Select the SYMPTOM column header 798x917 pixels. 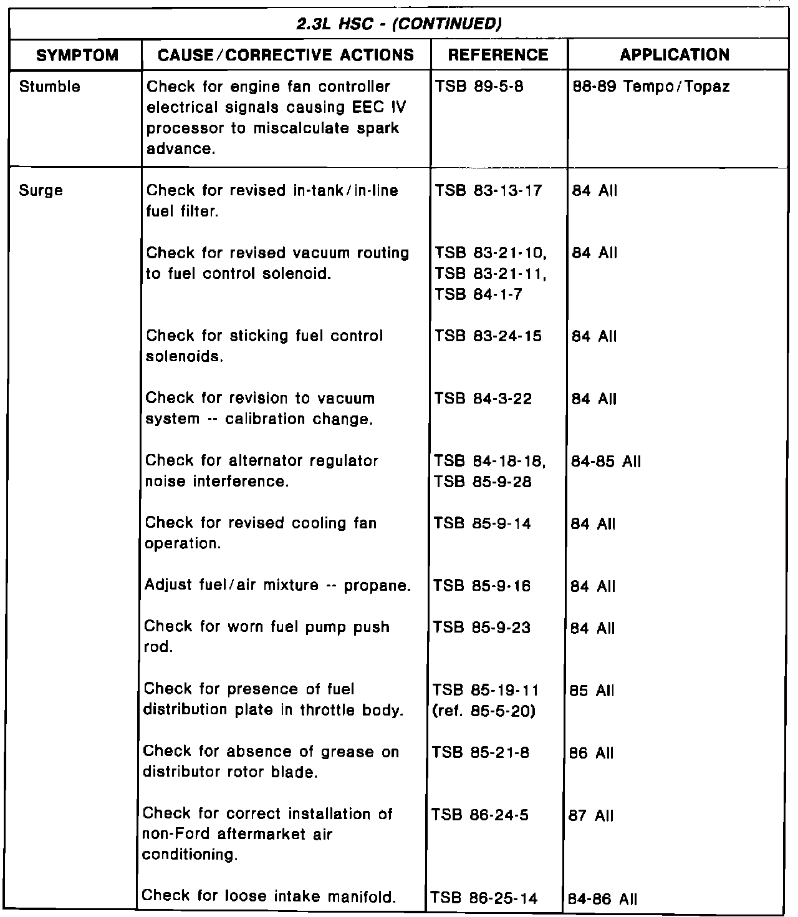coord(77,55)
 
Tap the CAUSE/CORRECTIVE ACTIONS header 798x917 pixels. coord(286,55)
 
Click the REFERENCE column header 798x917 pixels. coord(498,55)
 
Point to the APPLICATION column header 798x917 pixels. coord(675,55)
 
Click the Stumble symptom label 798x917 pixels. coord(50,87)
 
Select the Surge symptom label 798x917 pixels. coord(41,191)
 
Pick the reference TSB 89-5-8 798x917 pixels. coord(479,87)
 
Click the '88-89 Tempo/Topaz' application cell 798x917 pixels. coord(651,87)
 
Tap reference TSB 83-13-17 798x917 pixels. coord(489,191)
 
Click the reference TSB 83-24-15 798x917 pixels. coord(488,336)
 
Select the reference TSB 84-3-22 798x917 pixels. coord(483,399)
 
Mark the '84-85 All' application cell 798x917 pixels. coord(597,462)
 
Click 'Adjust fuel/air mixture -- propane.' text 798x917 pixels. coord(277,586)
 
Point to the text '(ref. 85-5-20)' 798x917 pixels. coord(484,711)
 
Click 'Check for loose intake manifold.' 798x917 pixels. coord(269,896)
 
